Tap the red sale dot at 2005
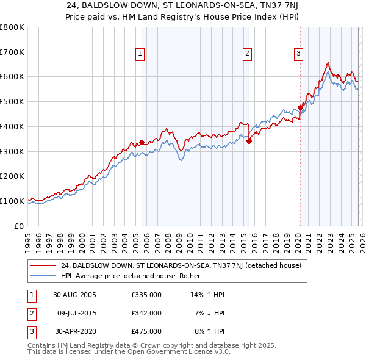(142, 143)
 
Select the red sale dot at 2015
(249, 141)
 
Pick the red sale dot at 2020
(301, 108)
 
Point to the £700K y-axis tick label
(12, 52)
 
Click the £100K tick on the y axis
(12, 201)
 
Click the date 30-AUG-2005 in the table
(74, 294)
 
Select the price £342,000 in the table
(146, 313)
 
